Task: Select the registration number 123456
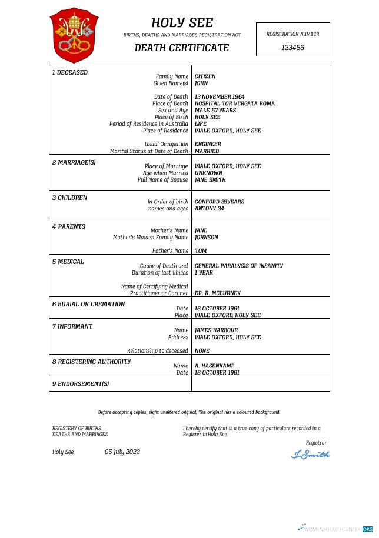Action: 292,48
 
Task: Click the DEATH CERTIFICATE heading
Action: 182,48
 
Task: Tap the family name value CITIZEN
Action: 205,76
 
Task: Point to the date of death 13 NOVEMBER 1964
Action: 220,97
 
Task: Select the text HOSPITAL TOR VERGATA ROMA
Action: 234,103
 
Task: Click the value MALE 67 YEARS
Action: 215,111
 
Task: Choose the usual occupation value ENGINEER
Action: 208,144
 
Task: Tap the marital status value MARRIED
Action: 207,151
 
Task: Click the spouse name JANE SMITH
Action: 210,180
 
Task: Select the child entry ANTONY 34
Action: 209,209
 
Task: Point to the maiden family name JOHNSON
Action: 206,238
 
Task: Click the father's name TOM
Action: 200,251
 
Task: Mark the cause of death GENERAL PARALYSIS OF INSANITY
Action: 238,266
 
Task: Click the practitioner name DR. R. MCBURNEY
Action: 217,293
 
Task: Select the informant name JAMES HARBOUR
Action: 216,330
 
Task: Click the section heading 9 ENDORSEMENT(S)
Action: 81,384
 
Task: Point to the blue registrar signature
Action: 311,454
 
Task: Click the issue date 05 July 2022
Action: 122,452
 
